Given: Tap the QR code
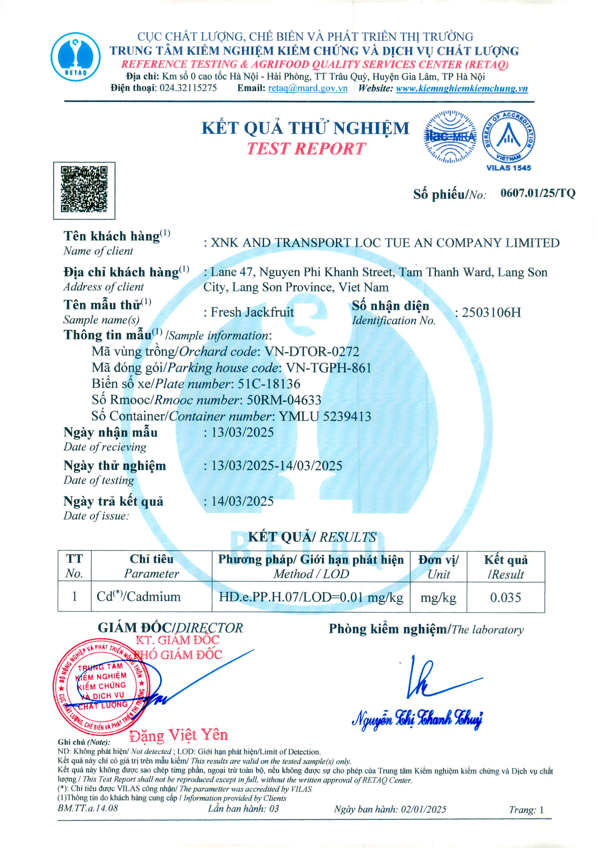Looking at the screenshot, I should [84, 190].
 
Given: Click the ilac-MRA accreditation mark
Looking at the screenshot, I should [450, 137].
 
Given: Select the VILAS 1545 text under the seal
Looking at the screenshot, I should [508, 168].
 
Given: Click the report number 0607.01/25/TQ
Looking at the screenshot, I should [538, 193].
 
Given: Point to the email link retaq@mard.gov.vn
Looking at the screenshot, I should [308, 88].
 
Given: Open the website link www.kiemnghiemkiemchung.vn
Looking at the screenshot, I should [461, 88].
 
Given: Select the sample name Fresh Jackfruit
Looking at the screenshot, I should [252, 312].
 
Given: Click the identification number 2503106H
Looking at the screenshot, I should [491, 313].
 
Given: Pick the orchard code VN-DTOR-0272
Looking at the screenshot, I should [312, 351].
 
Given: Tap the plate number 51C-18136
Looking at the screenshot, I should [269, 384].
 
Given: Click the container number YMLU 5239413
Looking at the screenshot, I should [325, 416].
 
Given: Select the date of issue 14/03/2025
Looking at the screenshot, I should [242, 501].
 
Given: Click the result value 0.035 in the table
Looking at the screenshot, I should [505, 597].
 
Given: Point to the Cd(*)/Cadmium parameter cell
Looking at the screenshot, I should [139, 597].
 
